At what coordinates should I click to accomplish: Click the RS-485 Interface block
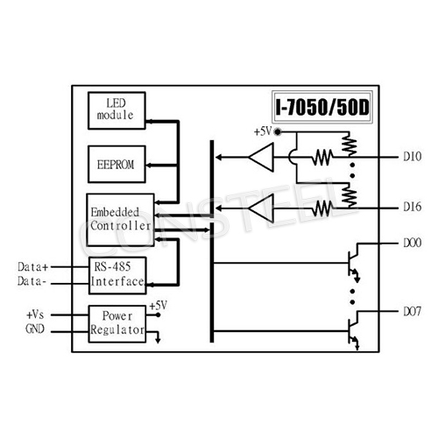(117, 273)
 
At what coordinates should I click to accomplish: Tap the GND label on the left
(34, 330)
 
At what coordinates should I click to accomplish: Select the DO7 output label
(413, 311)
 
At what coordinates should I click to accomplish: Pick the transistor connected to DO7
(352, 328)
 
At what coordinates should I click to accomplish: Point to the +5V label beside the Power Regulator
(158, 306)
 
